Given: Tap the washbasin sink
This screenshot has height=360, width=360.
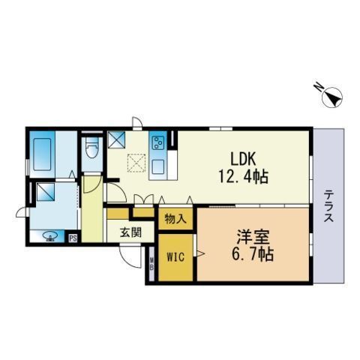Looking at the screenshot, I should pyautogui.click(x=50, y=237).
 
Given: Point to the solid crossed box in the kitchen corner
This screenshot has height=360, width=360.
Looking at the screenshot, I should pyautogui.click(x=117, y=139).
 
